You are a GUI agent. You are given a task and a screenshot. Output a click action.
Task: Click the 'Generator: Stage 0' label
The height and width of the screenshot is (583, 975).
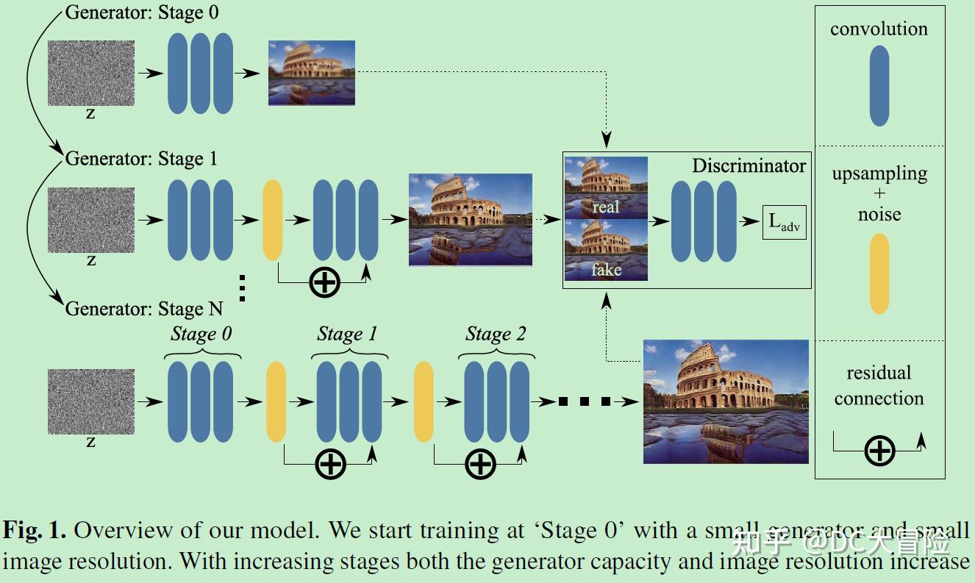[x=142, y=12]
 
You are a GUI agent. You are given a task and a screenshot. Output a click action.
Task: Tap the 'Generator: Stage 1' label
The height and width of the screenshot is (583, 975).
[x=142, y=159]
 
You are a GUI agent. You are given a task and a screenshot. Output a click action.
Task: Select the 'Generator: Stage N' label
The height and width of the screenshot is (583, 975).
[x=144, y=308]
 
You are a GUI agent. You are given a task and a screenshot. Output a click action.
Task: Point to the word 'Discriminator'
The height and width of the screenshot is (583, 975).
[x=749, y=166]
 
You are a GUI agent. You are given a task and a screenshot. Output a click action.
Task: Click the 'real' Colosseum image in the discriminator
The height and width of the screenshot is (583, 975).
[x=606, y=187]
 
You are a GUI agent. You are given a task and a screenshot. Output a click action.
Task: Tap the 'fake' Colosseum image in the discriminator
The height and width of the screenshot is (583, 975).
[x=606, y=250]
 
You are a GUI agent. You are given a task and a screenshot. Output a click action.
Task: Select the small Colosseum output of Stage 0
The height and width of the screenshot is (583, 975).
[x=312, y=72]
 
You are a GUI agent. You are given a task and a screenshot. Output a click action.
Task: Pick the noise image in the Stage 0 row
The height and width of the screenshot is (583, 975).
[x=91, y=73]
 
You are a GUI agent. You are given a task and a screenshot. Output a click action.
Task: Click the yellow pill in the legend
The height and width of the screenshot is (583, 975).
[x=879, y=273]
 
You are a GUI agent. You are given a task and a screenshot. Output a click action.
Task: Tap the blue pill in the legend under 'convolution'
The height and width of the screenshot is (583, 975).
[x=879, y=86]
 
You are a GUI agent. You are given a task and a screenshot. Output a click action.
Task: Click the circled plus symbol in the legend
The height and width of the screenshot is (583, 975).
[x=879, y=450]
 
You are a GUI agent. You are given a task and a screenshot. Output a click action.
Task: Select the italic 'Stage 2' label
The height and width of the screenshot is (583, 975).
[x=496, y=335]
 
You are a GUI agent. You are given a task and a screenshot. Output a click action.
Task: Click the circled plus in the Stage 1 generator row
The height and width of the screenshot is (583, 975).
[x=324, y=282]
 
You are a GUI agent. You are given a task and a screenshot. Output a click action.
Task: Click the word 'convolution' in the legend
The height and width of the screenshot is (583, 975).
[x=879, y=29]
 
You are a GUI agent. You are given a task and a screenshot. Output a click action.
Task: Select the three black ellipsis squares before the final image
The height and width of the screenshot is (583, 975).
[x=585, y=401]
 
